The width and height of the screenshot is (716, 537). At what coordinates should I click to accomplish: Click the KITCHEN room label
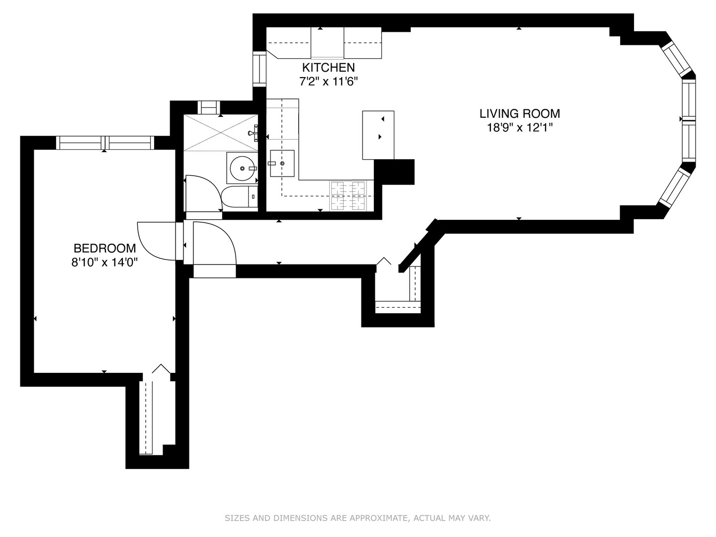pos(329,67)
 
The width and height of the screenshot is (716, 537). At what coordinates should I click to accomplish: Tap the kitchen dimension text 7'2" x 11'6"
pos(329,81)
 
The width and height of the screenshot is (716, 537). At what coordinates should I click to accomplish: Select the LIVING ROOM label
pos(520,114)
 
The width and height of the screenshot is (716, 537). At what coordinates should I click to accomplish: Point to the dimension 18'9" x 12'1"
pos(520,128)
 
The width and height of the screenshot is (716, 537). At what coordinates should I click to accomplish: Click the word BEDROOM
pos(104,248)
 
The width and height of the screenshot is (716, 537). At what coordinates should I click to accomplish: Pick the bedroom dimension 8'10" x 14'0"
pos(104,262)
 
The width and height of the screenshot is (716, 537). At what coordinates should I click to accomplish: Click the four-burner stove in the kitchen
pos(348,196)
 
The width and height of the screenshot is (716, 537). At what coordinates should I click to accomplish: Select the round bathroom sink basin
pos(242,169)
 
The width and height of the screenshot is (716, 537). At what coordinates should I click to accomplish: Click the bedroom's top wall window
pos(104,143)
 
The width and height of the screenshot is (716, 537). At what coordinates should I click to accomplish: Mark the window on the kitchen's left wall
pos(260,69)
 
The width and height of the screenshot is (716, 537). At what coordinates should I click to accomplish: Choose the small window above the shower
pos(207,107)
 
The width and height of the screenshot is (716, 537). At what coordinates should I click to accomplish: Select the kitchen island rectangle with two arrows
pos(378,135)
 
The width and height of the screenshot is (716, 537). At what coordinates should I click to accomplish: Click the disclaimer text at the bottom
pos(358,518)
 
